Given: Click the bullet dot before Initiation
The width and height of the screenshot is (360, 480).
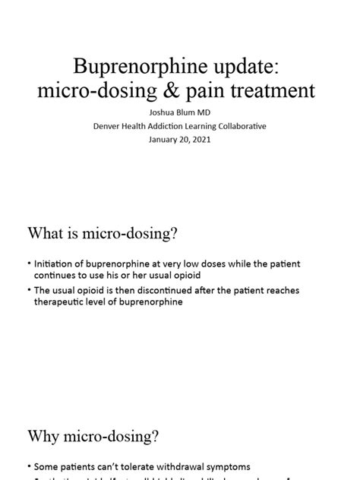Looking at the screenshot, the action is tap(29, 264).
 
